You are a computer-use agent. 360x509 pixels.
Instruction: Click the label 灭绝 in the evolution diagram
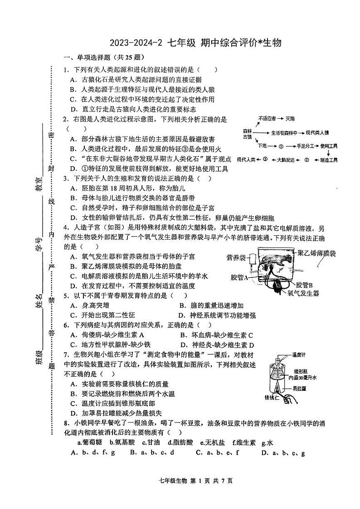point(290,119)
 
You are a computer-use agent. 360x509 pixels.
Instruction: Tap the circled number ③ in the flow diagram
point(265,160)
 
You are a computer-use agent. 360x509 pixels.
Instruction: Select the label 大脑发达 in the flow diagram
point(286,160)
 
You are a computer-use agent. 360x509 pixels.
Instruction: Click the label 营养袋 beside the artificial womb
point(236,258)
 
